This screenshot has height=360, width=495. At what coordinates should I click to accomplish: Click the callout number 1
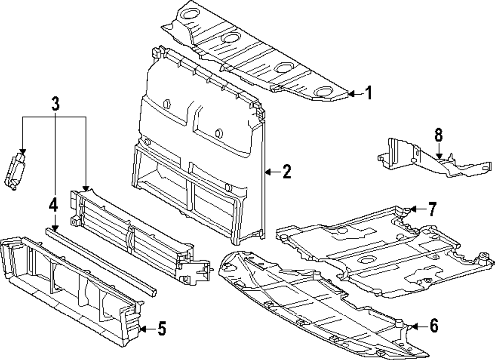pyautogui.click(x=368, y=92)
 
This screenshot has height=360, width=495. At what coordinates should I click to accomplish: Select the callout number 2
pyautogui.click(x=286, y=172)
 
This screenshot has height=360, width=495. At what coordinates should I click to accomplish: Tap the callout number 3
pyautogui.click(x=55, y=104)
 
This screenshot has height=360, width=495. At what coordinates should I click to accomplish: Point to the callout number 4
pyautogui.click(x=53, y=204)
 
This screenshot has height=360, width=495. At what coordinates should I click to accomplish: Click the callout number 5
pyautogui.click(x=161, y=328)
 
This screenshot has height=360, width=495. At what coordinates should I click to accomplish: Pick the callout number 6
pyautogui.click(x=433, y=326)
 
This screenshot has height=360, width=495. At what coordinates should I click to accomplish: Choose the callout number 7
pyautogui.click(x=432, y=209)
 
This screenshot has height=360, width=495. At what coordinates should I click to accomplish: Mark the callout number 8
pyautogui.click(x=439, y=135)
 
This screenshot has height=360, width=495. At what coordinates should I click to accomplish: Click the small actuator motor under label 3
pyautogui.click(x=16, y=170)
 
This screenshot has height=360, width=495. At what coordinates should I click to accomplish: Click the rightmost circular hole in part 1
pyautogui.click(x=323, y=91)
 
